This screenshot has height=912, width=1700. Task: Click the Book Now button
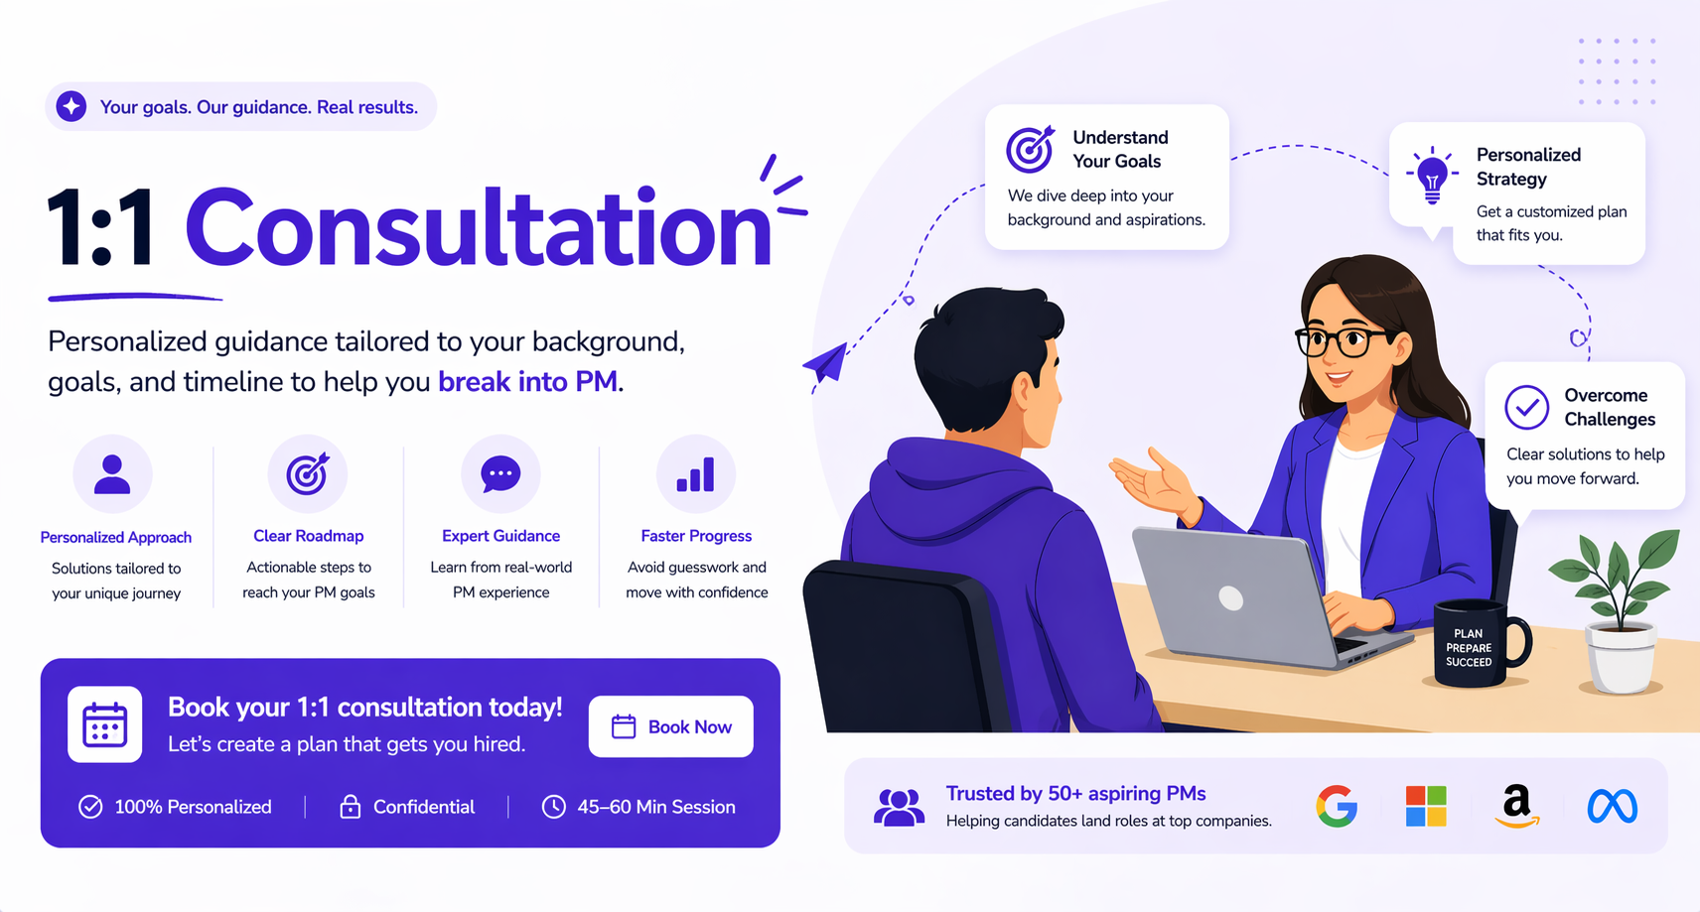(x=671, y=726)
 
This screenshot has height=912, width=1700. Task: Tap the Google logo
(x=1337, y=806)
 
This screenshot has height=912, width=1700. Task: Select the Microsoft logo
(x=1426, y=806)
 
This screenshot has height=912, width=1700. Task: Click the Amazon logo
(x=1516, y=805)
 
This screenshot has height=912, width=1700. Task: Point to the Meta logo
(x=1612, y=806)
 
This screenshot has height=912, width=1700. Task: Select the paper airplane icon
(x=826, y=363)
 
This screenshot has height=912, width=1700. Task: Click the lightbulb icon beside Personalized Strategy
(x=1432, y=175)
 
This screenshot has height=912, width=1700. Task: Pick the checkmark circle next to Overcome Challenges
(x=1526, y=407)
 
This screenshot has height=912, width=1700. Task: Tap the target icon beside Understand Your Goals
(x=1030, y=149)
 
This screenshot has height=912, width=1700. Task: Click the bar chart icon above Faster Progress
(x=695, y=475)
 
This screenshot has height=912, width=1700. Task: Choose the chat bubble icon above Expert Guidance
(x=500, y=474)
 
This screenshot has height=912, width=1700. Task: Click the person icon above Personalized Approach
(x=112, y=474)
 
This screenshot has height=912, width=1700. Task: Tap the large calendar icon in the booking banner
(x=104, y=724)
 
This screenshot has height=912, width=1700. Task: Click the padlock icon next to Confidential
(x=350, y=807)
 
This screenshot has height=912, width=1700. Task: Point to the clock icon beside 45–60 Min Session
(x=553, y=807)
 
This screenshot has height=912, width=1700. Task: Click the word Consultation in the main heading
(x=478, y=229)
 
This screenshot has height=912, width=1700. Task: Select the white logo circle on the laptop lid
(x=1231, y=597)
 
